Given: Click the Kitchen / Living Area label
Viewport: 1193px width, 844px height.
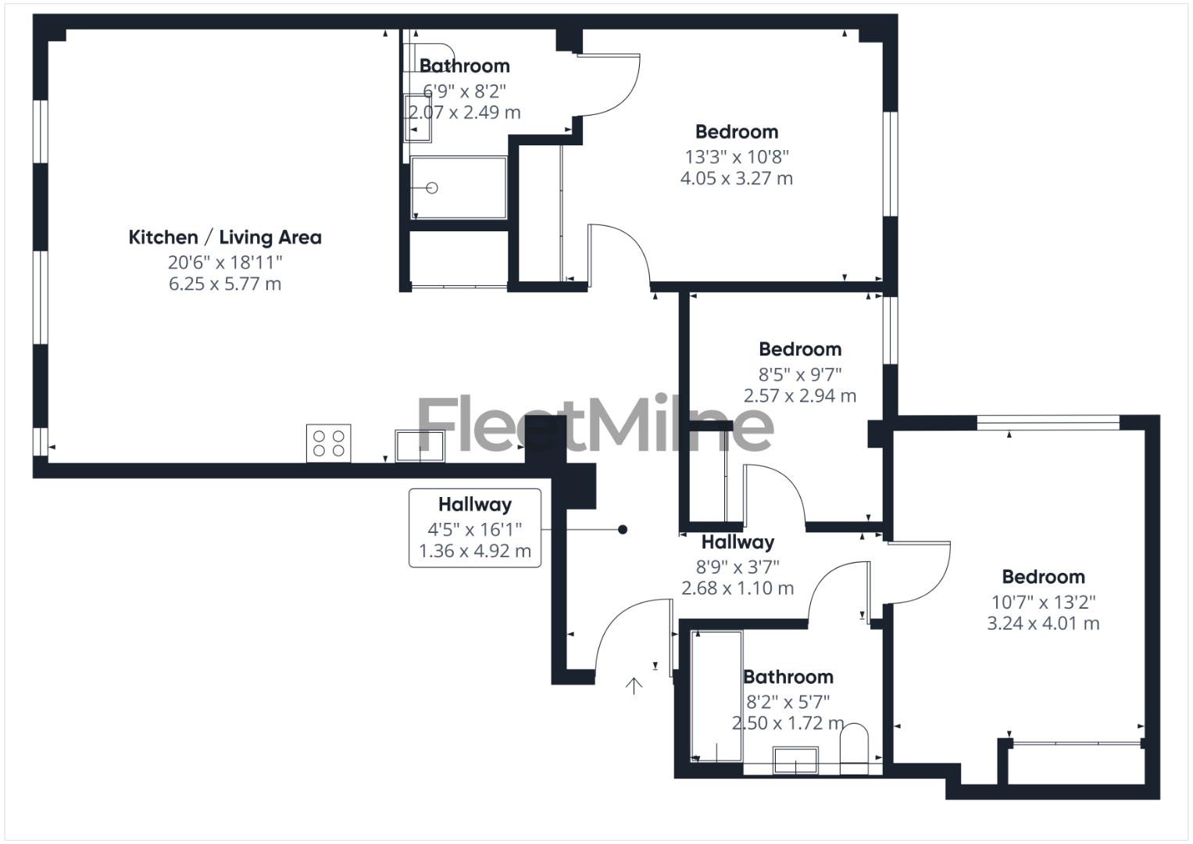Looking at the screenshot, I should (225, 238).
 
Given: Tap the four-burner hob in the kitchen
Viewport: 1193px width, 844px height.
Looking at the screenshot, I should (328, 443).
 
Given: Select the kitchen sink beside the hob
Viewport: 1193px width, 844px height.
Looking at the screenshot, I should (420, 445).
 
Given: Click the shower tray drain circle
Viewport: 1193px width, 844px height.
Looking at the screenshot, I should (431, 188).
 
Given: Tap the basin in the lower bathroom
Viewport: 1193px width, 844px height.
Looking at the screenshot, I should (795, 760).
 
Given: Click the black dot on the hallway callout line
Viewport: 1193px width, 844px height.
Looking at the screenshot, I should (623, 530).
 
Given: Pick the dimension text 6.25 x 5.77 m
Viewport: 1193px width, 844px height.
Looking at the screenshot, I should (225, 284).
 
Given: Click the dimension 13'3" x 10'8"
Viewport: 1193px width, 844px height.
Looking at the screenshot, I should (737, 156).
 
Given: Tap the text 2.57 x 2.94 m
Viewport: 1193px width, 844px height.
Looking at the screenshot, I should (800, 396).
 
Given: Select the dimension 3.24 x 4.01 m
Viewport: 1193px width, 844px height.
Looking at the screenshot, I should (1043, 624).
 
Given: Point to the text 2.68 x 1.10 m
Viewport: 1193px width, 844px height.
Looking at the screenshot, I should (738, 588).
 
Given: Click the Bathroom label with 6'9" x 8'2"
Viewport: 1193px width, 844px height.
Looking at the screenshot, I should (465, 66).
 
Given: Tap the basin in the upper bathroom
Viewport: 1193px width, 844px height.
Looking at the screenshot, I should (417, 118).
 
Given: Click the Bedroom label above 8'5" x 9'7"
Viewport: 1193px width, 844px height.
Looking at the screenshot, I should (800, 349).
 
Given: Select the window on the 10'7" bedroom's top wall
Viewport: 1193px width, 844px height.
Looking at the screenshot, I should (1048, 423).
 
